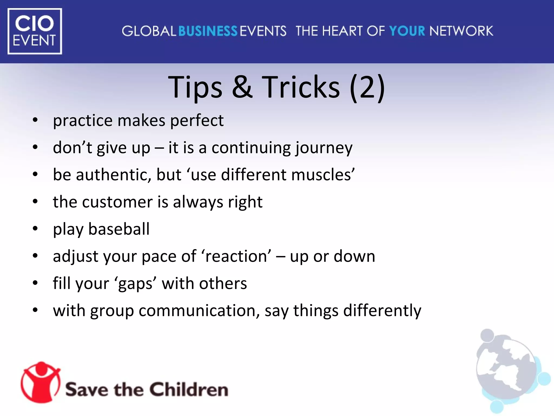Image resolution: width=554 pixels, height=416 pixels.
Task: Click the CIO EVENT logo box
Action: point(35,31)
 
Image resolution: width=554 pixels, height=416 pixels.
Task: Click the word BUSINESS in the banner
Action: point(208,31)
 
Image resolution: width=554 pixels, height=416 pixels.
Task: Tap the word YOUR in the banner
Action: point(407,31)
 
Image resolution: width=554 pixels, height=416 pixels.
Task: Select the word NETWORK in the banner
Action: point(461,31)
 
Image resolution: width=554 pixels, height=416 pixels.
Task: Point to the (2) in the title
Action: point(367,87)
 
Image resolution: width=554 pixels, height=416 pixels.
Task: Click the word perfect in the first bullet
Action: point(197,121)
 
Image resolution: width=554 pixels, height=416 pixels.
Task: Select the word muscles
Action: point(321,175)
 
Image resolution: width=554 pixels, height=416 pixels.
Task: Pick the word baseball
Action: point(119,229)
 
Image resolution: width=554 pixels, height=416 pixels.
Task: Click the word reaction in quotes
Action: point(236,256)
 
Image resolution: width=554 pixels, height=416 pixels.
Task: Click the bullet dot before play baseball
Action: point(35,229)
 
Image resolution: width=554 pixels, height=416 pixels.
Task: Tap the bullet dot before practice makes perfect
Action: point(35,120)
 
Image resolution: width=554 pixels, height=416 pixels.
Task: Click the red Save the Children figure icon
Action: point(41,382)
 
